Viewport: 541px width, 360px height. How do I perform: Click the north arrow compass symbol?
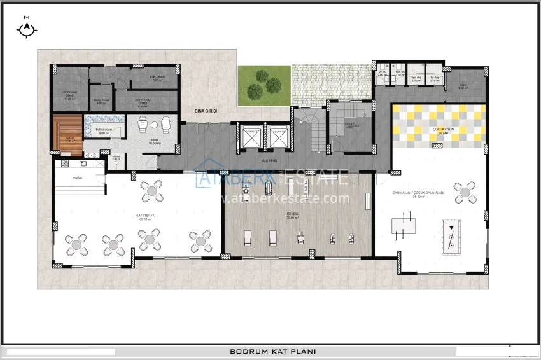click(x=26, y=28)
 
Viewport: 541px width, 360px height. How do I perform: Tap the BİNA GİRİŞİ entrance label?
click(x=206, y=111)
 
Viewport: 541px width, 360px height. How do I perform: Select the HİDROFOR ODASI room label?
click(x=69, y=96)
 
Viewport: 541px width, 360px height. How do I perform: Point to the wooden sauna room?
click(x=67, y=135)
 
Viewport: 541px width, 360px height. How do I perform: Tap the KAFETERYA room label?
click(x=146, y=216)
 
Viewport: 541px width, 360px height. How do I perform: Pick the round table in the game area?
click(x=465, y=192)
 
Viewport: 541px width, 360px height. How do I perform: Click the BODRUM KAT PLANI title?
click(x=272, y=351)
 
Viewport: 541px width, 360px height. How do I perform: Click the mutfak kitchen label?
click(x=78, y=177)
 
